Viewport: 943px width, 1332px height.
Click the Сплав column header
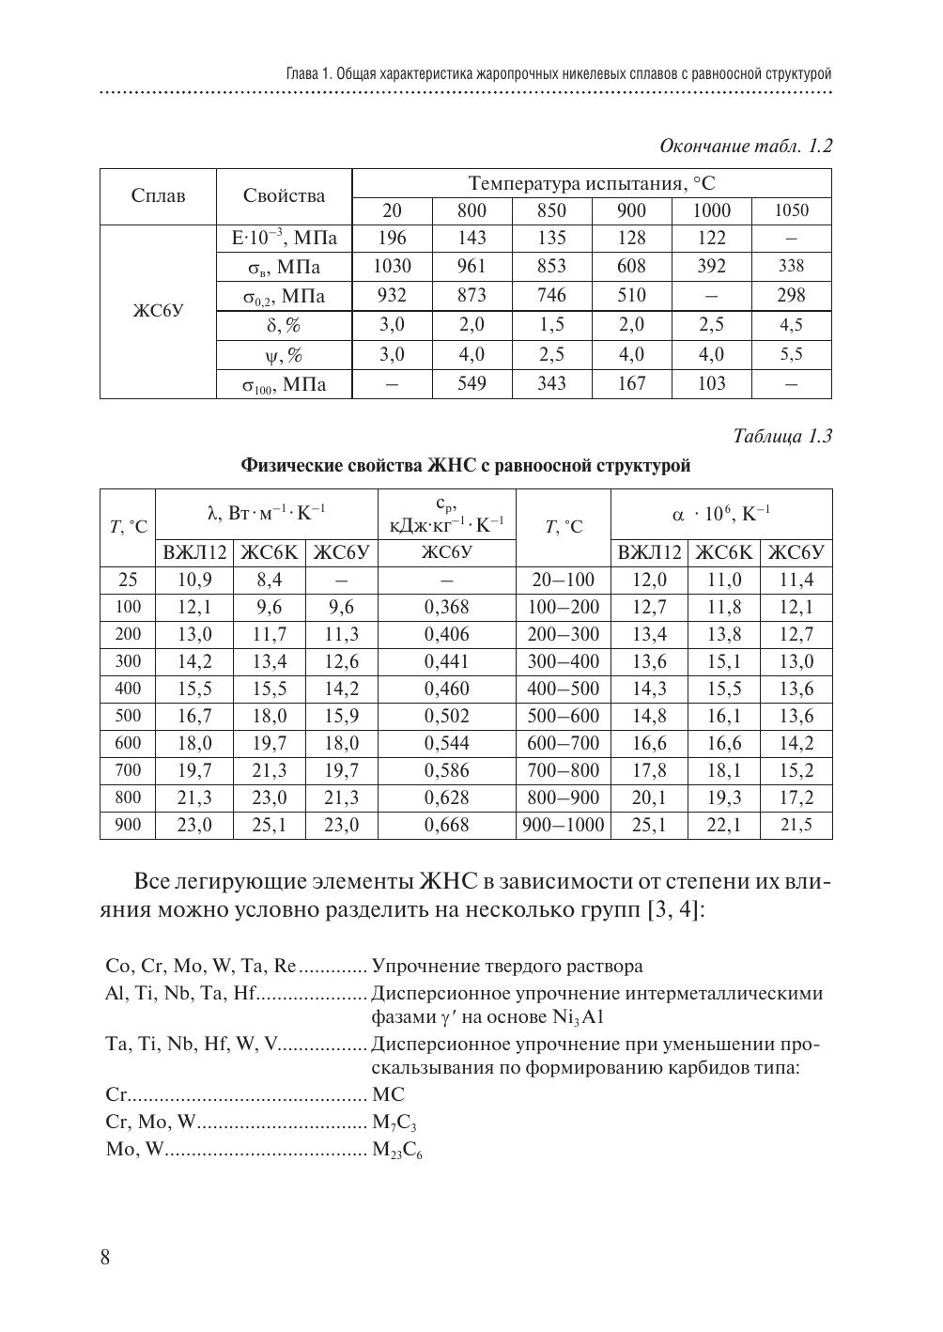pyautogui.click(x=158, y=196)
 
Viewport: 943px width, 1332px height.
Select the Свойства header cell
pyautogui.click(x=284, y=196)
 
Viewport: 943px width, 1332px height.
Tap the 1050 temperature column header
pyautogui.click(x=791, y=211)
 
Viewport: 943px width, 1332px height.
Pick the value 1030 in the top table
pyautogui.click(x=392, y=267)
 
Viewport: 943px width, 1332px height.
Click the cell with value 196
pyautogui.click(x=392, y=239)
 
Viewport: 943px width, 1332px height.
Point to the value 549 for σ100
pyautogui.click(x=471, y=384)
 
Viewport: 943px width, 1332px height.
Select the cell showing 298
pyautogui.click(x=791, y=296)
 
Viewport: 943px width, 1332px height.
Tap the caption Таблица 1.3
pyautogui.click(x=781, y=437)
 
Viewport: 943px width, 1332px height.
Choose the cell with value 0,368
pyautogui.click(x=446, y=608)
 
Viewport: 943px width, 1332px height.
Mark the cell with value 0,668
pyautogui.click(x=446, y=826)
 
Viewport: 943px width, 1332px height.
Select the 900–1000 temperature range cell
pyautogui.click(x=564, y=826)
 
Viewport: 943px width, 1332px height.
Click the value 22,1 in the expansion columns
pyautogui.click(x=724, y=826)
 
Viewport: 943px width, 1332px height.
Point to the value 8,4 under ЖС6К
pyautogui.click(x=269, y=581)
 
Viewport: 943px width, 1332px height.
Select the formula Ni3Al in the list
pyautogui.click(x=580, y=1017)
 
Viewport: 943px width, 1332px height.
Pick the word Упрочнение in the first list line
pyautogui.click(x=416, y=967)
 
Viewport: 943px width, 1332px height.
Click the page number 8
pyautogui.click(x=105, y=1258)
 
